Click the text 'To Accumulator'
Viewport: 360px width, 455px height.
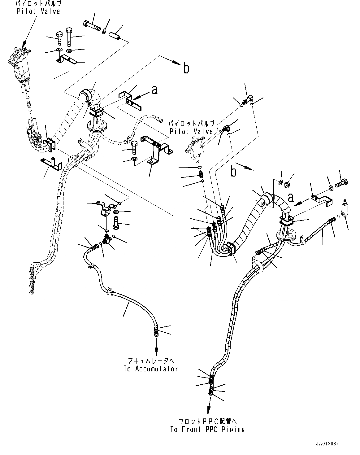click(151, 369)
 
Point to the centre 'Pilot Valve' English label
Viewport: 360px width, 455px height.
click(191, 131)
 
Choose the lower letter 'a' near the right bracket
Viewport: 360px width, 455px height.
click(290, 197)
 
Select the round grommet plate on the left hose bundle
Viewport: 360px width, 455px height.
click(97, 126)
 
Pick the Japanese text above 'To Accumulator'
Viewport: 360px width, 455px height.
click(151, 361)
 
